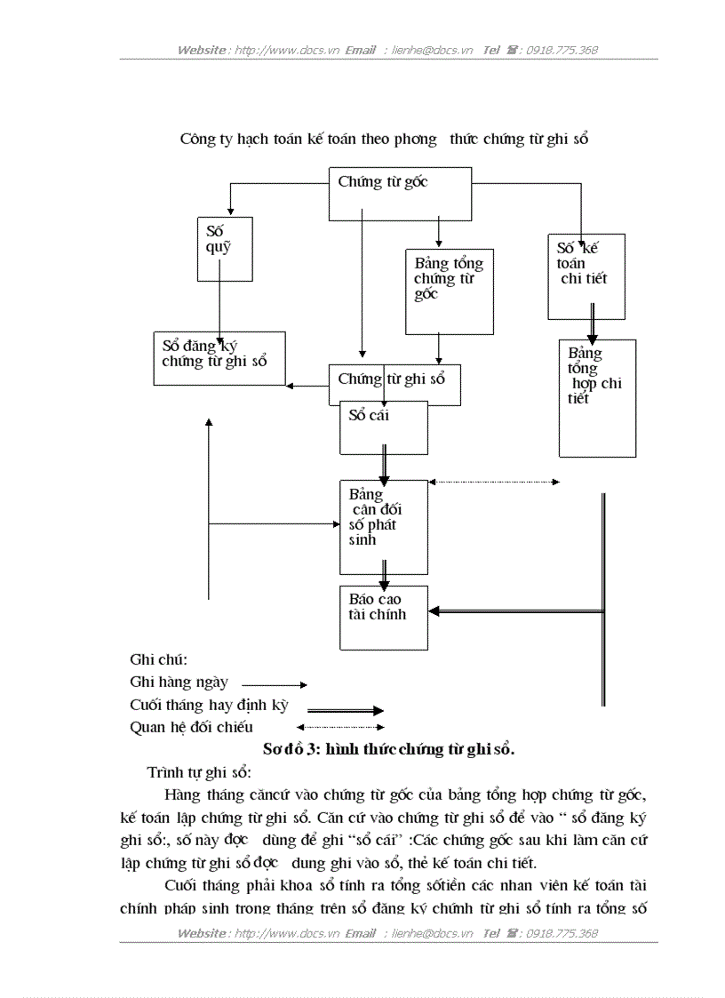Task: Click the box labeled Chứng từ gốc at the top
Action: (x=400, y=194)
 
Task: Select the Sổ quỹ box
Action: (x=225, y=249)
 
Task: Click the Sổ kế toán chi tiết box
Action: (x=586, y=276)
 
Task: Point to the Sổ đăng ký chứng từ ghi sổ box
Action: (x=219, y=358)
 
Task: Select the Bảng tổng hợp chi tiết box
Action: (x=597, y=398)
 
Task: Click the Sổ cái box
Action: (x=384, y=427)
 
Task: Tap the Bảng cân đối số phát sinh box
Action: (x=384, y=527)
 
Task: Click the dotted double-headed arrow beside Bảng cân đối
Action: (x=494, y=483)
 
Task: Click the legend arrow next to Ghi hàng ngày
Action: (x=274, y=685)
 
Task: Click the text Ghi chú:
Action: (x=159, y=659)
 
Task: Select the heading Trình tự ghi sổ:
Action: (x=199, y=771)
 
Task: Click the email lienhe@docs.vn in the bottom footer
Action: (x=432, y=933)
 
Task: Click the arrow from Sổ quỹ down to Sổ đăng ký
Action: (x=219, y=307)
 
